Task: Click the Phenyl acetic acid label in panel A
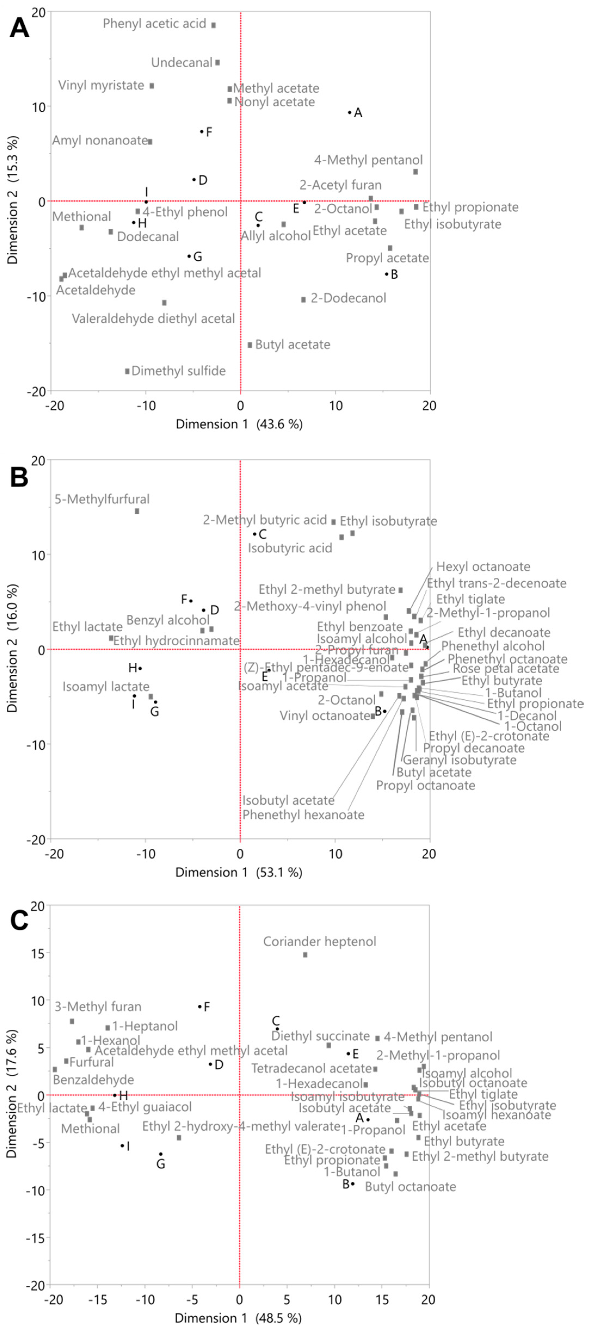(x=154, y=24)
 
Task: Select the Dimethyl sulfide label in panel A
(x=179, y=371)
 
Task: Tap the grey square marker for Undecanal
(x=217, y=63)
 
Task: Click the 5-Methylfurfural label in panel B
(x=102, y=499)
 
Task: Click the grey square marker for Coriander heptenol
(x=305, y=955)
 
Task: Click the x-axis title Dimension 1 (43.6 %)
(x=239, y=424)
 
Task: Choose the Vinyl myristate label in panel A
(x=101, y=85)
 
